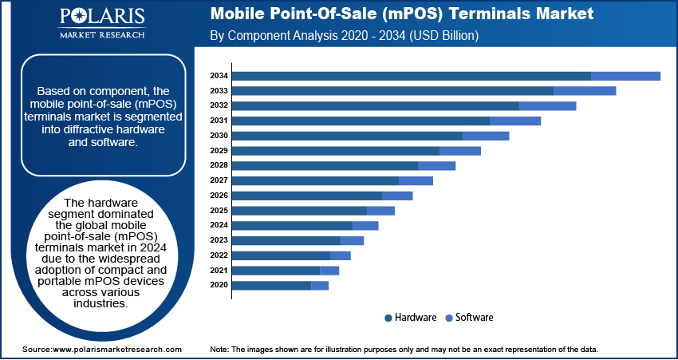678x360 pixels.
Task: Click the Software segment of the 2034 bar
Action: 625,76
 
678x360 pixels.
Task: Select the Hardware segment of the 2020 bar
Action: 271,285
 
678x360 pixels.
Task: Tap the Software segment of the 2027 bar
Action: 416,180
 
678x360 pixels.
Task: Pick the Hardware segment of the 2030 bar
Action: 347,136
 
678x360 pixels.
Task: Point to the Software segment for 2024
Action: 365,225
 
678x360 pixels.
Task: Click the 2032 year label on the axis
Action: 219,105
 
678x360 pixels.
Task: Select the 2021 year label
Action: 219,271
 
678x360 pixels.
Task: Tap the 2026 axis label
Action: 219,196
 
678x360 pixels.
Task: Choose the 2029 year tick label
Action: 219,151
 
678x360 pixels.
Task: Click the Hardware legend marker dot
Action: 388,318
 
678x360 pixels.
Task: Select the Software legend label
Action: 475,318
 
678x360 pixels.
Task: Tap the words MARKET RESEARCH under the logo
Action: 102,35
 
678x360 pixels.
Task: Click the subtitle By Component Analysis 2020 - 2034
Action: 343,36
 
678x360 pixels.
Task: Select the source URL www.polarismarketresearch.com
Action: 116,350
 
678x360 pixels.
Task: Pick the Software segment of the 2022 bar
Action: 340,255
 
